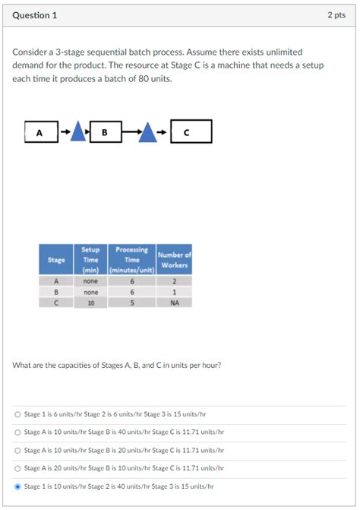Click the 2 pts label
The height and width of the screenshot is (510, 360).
pyautogui.click(x=336, y=15)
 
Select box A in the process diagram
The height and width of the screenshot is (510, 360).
pyautogui.click(x=40, y=132)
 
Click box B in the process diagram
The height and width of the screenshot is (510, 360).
pyautogui.click(x=105, y=132)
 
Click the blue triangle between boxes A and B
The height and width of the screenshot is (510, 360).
pyautogui.click(x=81, y=132)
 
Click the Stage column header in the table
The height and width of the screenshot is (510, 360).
pyautogui.click(x=56, y=259)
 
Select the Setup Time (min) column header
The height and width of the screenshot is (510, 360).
pyautogui.click(x=90, y=259)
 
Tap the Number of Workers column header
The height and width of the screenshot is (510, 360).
pyautogui.click(x=174, y=259)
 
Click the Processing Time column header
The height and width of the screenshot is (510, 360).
pyautogui.click(x=132, y=259)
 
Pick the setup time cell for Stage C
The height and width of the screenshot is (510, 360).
pyautogui.click(x=90, y=302)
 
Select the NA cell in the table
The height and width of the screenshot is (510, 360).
pyautogui.click(x=174, y=302)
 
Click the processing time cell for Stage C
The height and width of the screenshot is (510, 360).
pyautogui.click(x=132, y=302)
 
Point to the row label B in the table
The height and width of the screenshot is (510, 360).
pyautogui.click(x=56, y=291)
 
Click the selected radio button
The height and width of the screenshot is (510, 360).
pyautogui.click(x=17, y=486)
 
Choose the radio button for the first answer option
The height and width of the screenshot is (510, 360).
pyautogui.click(x=17, y=414)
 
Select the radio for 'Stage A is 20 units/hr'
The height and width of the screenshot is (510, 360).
pyautogui.click(x=17, y=468)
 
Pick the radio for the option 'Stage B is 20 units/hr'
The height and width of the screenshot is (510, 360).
pyautogui.click(x=17, y=450)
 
